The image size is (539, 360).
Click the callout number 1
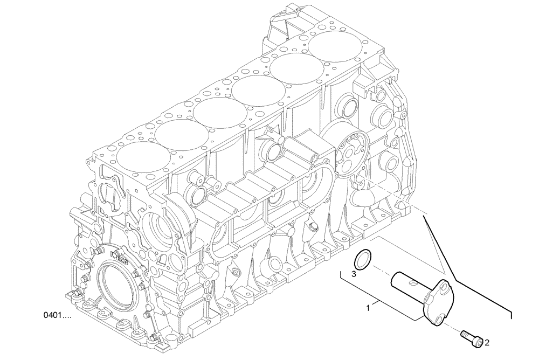tap(368, 308)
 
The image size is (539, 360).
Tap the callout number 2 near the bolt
tap(487, 342)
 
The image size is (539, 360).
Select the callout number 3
tap(354, 274)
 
